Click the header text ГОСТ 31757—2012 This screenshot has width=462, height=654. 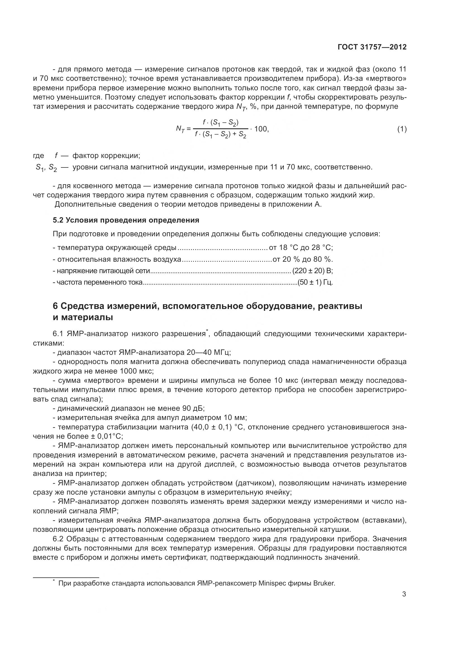372,47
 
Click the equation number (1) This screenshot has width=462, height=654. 402,129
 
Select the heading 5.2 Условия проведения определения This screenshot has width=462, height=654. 126,220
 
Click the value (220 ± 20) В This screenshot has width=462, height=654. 312,271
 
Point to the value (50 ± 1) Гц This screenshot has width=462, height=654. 315,282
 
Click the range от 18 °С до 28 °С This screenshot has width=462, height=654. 301,247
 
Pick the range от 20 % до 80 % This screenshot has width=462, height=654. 303,259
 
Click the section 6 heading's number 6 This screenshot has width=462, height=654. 56,306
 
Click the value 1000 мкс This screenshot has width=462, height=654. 137,371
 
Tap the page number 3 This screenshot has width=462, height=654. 404,602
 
